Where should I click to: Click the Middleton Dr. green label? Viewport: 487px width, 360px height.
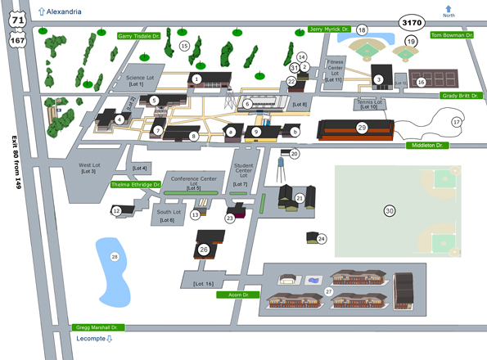pyautogui.click(x=427, y=145)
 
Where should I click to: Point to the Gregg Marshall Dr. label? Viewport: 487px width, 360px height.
pyautogui.click(x=97, y=326)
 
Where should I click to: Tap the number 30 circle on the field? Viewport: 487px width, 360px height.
pyautogui.click(x=390, y=211)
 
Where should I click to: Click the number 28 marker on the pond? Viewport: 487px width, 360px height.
pyautogui.click(x=115, y=257)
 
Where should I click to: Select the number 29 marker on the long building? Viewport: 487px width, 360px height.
pyautogui.click(x=362, y=128)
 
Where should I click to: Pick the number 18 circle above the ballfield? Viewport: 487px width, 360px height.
pyautogui.click(x=361, y=29)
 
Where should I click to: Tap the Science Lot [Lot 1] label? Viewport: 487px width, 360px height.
pyautogui.click(x=136, y=81)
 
